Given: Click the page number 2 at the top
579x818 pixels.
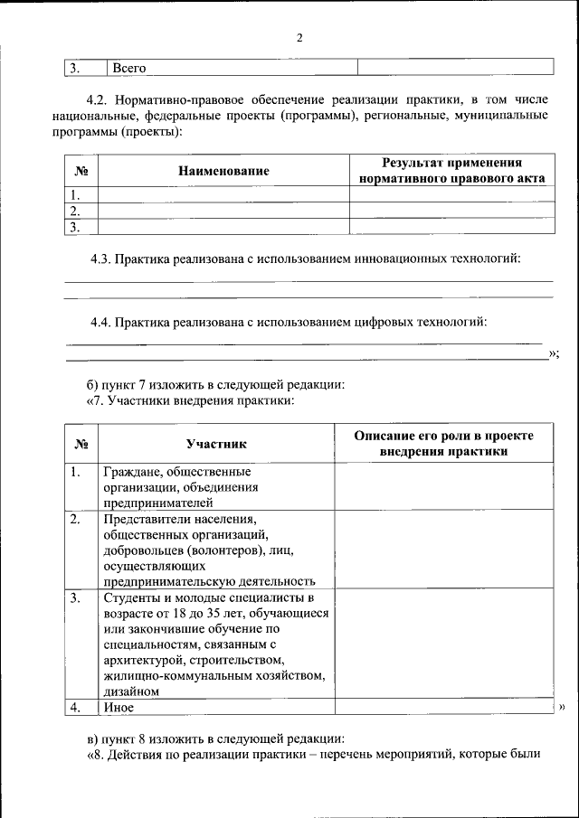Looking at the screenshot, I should click(x=299, y=38).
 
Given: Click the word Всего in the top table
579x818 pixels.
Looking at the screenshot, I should click(x=128, y=68).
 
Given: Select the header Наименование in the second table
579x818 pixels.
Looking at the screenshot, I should click(x=223, y=171).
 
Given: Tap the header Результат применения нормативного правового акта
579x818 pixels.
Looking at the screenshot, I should click(x=451, y=171).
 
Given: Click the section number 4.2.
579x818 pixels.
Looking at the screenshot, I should click(x=98, y=99).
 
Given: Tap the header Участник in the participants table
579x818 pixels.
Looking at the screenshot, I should click(x=216, y=444).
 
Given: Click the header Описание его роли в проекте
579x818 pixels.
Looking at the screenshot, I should click(x=443, y=436).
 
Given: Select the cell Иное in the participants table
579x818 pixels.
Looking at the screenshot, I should click(x=119, y=708).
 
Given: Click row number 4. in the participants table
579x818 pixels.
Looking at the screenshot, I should click(x=77, y=708).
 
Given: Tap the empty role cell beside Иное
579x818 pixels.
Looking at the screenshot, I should click(x=443, y=708).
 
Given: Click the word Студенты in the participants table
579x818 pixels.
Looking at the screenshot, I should click(x=131, y=597).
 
